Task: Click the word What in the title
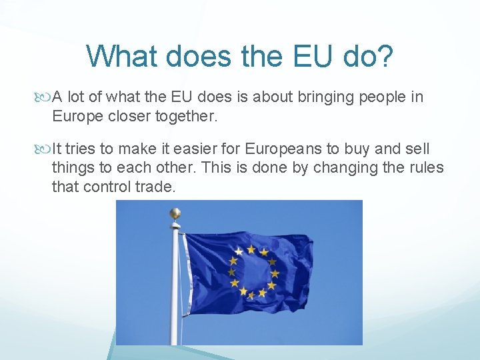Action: pos(121,56)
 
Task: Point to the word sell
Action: pos(416,149)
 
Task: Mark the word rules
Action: pos(425,168)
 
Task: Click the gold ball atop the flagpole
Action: pos(175,213)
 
